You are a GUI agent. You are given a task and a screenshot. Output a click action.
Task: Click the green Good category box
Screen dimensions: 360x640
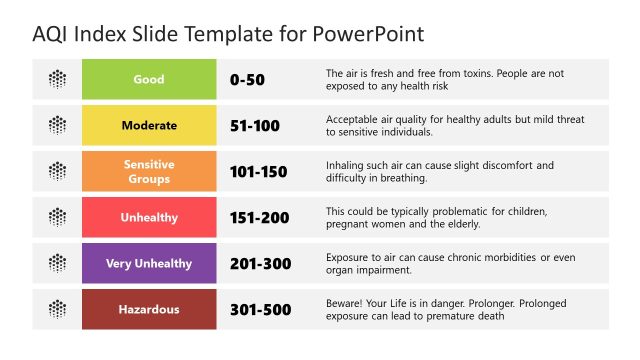tap(149, 79)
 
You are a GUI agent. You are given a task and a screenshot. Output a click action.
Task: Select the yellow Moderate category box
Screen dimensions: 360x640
tap(149, 126)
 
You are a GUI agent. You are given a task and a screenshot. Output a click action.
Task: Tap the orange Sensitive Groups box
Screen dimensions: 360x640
tap(149, 171)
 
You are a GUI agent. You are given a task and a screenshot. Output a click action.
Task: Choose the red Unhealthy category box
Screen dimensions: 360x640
tap(149, 217)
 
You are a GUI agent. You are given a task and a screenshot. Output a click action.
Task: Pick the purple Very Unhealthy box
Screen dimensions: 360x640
tap(149, 263)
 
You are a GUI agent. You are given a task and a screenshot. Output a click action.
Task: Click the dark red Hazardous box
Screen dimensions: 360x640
tap(149, 309)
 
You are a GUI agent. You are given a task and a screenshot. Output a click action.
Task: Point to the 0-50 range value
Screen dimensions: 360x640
tap(248, 79)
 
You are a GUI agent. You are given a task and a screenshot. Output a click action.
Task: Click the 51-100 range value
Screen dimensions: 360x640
tap(254, 126)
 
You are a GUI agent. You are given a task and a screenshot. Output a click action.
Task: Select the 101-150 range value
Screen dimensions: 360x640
tap(258, 172)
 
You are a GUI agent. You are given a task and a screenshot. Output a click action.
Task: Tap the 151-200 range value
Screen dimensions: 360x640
tap(258, 217)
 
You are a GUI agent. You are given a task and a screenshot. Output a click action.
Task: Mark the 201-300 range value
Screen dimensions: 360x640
tap(258, 263)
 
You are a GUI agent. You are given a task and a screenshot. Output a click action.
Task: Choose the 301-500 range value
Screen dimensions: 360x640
tap(258, 309)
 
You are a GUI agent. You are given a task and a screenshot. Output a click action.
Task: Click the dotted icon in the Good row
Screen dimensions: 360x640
tap(58, 79)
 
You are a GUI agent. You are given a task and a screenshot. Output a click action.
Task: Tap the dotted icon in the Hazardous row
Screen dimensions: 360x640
tap(58, 309)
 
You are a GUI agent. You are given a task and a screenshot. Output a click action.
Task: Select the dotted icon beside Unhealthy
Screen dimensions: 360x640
tap(58, 217)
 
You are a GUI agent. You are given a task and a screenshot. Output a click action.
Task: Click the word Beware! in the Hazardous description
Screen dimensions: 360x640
tap(347, 303)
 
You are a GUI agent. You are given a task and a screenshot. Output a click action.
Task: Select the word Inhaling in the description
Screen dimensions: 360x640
tap(347, 165)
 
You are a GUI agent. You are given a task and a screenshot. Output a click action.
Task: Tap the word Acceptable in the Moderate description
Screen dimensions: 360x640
tap(355, 119)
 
